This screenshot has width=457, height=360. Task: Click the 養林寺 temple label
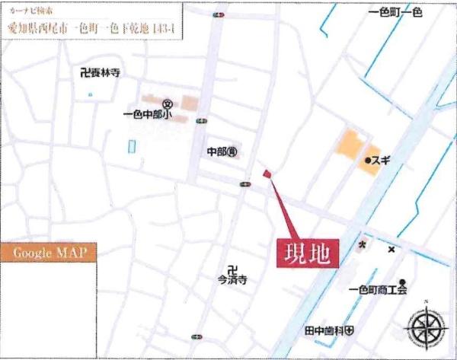101,74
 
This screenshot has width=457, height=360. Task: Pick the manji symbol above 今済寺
233,268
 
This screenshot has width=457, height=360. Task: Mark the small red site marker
267,174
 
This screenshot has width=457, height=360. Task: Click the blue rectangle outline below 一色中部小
132,147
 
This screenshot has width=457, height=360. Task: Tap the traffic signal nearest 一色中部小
201,120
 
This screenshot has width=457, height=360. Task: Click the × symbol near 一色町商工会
391,249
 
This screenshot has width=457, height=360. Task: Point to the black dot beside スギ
367,161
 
